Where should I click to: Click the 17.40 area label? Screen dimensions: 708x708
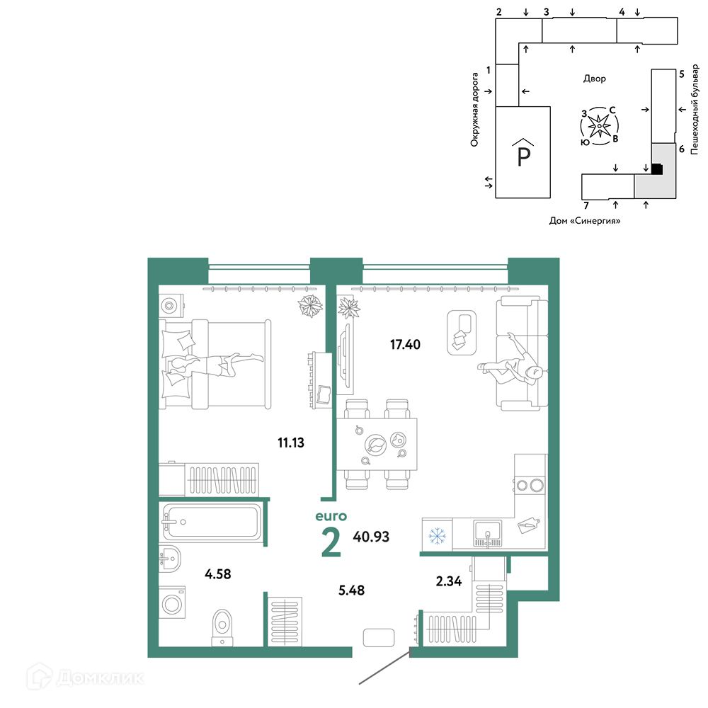[405, 345]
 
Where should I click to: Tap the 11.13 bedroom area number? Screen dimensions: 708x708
[291, 442]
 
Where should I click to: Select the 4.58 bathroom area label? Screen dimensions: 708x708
[217, 574]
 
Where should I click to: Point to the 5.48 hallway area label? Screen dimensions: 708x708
[351, 590]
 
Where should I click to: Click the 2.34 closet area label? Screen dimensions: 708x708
[448, 581]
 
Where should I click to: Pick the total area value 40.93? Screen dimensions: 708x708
[371, 537]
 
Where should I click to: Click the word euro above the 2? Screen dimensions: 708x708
[331, 516]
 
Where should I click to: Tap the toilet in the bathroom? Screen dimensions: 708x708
[222, 627]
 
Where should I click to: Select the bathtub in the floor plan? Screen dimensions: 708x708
[211, 522]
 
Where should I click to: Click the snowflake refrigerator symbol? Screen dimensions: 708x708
[437, 536]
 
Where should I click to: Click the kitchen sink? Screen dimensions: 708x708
[487, 533]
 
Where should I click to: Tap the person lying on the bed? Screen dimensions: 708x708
[215, 364]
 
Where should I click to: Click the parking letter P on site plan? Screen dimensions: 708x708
[523, 157]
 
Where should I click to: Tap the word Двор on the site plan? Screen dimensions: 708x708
[594, 79]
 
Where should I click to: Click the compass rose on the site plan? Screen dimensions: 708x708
[599, 126]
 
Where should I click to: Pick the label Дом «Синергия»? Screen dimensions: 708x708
[584, 221]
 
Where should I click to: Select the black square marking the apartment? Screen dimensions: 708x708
[657, 169]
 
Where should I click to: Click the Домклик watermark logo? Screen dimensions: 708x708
[85, 678]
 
